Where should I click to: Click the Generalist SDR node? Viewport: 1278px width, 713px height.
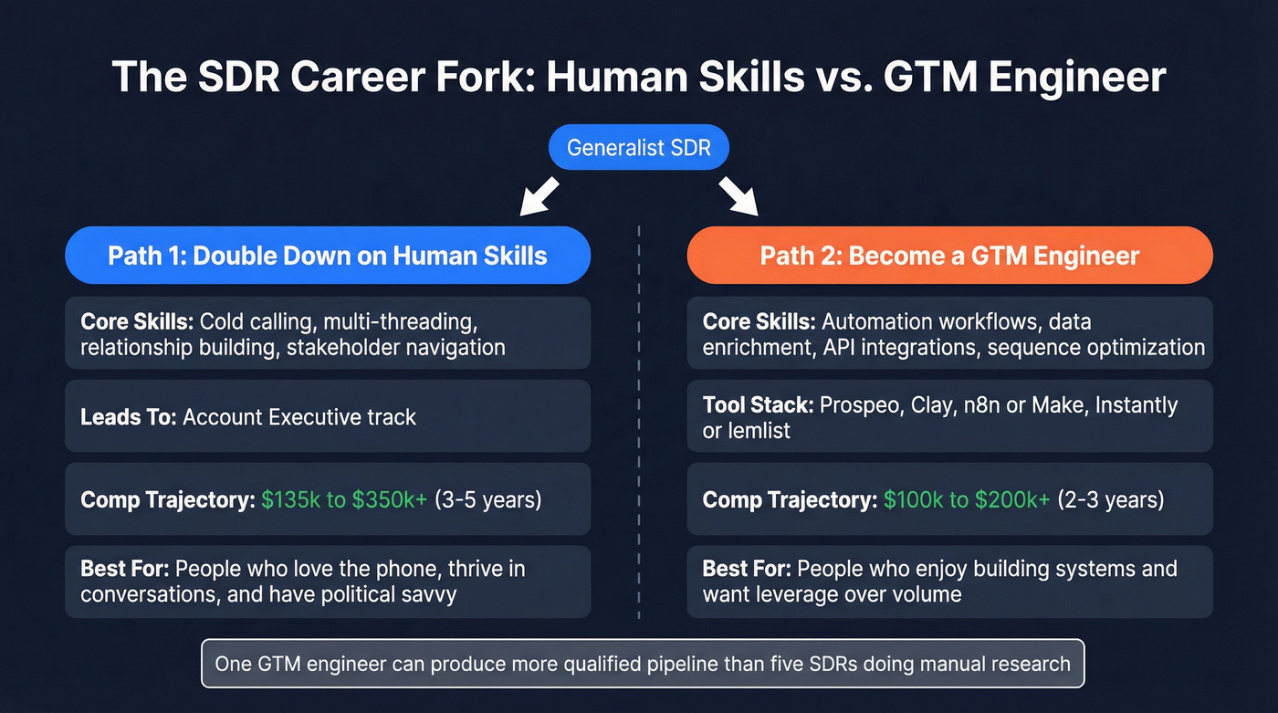coord(638,148)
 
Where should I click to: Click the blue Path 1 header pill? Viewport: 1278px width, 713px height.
coord(328,255)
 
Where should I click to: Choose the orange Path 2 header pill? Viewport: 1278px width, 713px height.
coord(949,255)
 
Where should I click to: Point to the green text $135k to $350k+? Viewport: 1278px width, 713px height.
coord(344,500)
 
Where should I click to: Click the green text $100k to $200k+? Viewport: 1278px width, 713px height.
coord(967,500)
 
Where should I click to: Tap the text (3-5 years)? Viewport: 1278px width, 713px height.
coord(487,500)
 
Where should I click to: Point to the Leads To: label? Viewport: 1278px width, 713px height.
coord(129,417)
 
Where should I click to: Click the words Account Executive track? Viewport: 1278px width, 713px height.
coord(299,417)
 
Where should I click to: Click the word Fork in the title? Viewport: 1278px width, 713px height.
coord(493,77)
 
